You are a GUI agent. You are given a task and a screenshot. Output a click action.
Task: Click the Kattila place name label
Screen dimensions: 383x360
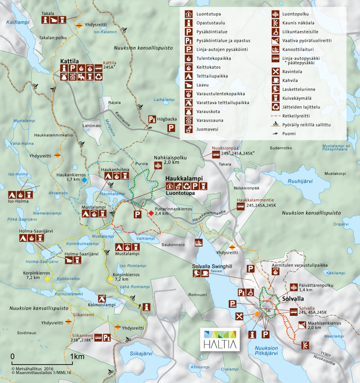pyautogui.click(x=69, y=61)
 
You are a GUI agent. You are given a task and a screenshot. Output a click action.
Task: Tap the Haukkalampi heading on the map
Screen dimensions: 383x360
pyautogui.click(x=184, y=179)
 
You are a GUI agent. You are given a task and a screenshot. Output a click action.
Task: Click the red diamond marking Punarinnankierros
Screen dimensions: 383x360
pyautogui.click(x=151, y=213)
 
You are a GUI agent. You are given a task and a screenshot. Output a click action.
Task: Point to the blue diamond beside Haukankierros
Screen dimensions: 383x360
pyautogui.click(x=84, y=180)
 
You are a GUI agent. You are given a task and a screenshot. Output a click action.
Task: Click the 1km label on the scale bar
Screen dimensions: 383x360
pyautogui.click(x=77, y=356)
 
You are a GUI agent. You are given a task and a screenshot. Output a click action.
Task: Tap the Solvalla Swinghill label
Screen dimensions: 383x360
pyautogui.click(x=212, y=266)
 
